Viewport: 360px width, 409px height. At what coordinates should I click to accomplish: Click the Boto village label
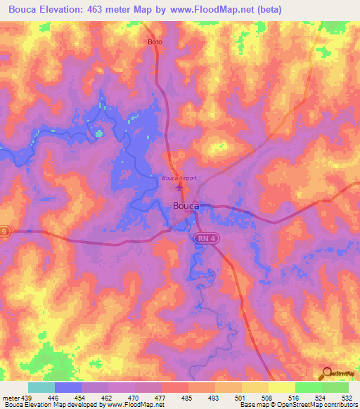tap(155, 42)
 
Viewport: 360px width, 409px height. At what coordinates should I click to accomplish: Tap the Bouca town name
tap(186, 206)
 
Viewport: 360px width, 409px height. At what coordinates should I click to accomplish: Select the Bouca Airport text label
tap(179, 178)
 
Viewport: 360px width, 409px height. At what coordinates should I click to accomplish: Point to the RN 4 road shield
tap(204, 240)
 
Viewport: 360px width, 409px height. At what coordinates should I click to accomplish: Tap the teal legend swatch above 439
tap(41, 387)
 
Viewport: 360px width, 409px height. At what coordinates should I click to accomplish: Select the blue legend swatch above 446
tap(67, 387)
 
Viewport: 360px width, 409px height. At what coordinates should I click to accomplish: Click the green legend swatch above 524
tap(308, 387)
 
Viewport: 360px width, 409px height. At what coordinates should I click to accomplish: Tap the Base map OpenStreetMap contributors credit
tap(296, 404)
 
